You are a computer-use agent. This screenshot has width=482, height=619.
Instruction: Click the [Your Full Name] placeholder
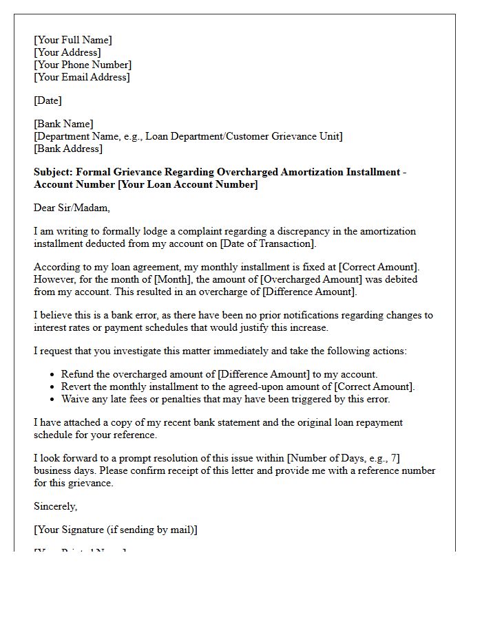tap(73, 40)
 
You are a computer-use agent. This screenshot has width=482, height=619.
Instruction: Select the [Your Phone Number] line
tap(83, 65)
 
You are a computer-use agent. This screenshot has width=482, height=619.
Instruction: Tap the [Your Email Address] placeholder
tap(82, 77)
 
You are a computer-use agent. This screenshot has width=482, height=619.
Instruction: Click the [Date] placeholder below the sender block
tap(48, 100)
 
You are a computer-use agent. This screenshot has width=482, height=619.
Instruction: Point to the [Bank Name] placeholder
tap(63, 124)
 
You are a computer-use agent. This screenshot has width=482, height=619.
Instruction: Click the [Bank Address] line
tap(68, 149)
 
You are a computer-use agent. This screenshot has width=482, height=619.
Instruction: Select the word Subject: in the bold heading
tap(54, 172)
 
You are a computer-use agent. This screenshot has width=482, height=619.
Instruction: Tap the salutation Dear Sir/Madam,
tap(72, 208)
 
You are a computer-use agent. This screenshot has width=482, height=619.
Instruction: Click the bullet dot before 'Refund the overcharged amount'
tap(53, 375)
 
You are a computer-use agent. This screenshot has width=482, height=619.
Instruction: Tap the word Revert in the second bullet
tap(76, 387)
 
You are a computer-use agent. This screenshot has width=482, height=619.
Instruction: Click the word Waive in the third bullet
tap(75, 399)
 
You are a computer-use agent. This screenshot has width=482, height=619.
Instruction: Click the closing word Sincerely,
tap(56, 506)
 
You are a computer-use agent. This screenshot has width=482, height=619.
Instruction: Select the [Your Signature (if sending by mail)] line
tap(116, 530)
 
